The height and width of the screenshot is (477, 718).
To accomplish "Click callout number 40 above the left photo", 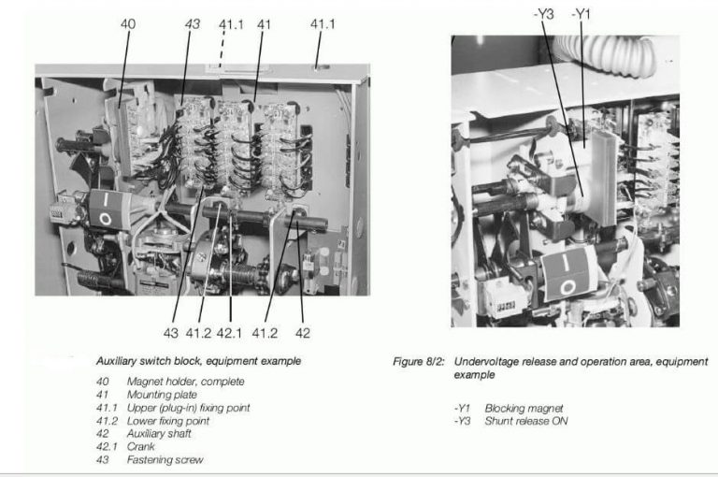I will [128, 24].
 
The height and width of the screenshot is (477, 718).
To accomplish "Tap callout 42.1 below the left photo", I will [230, 332].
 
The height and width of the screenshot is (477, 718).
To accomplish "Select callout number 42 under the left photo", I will [302, 332].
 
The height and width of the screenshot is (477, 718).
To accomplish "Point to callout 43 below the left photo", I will [171, 332].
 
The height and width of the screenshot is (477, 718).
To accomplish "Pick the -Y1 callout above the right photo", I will [582, 14].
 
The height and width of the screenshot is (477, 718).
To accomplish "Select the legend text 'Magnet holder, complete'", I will [185, 382].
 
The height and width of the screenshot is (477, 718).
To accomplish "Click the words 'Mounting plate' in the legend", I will [162, 395].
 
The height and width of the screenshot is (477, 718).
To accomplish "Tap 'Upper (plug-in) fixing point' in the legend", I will [188, 408].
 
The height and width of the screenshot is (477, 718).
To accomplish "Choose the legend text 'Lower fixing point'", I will [168, 421].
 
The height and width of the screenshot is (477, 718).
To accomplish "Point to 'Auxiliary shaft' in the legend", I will [160, 434].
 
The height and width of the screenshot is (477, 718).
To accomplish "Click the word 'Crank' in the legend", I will [141, 447].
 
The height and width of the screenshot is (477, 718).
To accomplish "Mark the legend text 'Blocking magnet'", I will [524, 408].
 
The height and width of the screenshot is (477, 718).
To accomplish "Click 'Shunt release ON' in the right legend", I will [525, 421].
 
